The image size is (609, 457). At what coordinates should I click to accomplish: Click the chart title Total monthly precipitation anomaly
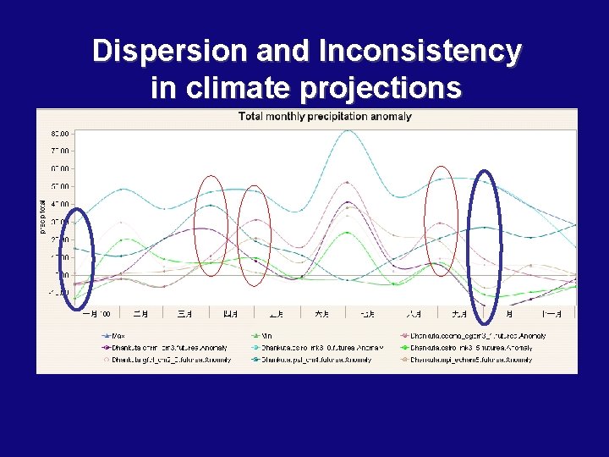click(x=325, y=116)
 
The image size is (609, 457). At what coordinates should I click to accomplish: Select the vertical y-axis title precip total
click(x=43, y=216)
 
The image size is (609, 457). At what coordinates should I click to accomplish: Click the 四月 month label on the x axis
click(x=230, y=314)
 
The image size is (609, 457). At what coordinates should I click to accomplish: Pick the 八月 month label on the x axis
click(x=413, y=314)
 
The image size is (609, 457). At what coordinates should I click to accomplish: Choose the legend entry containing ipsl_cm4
click(x=313, y=360)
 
